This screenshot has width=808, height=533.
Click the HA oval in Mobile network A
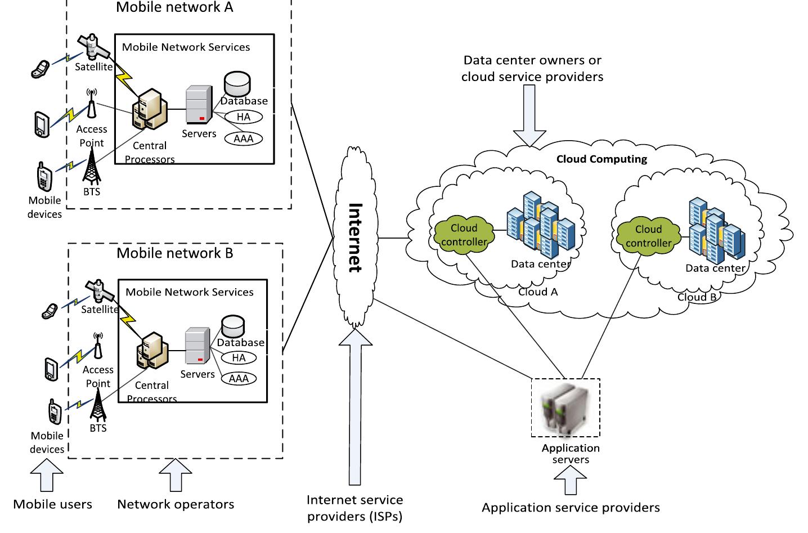pos(244,117)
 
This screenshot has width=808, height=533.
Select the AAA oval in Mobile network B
pos(239,379)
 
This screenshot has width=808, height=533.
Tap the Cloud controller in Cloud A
pos(464,235)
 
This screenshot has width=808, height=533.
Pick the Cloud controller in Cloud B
pos(648,236)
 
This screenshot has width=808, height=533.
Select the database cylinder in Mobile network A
pos(237,84)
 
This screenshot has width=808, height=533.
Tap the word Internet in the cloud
pos(354,237)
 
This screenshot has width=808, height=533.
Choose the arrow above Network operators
pos(176,476)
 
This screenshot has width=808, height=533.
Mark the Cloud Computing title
pos(601,159)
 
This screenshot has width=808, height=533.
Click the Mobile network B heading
pos(174,253)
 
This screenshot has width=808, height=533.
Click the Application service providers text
pos(571,508)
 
